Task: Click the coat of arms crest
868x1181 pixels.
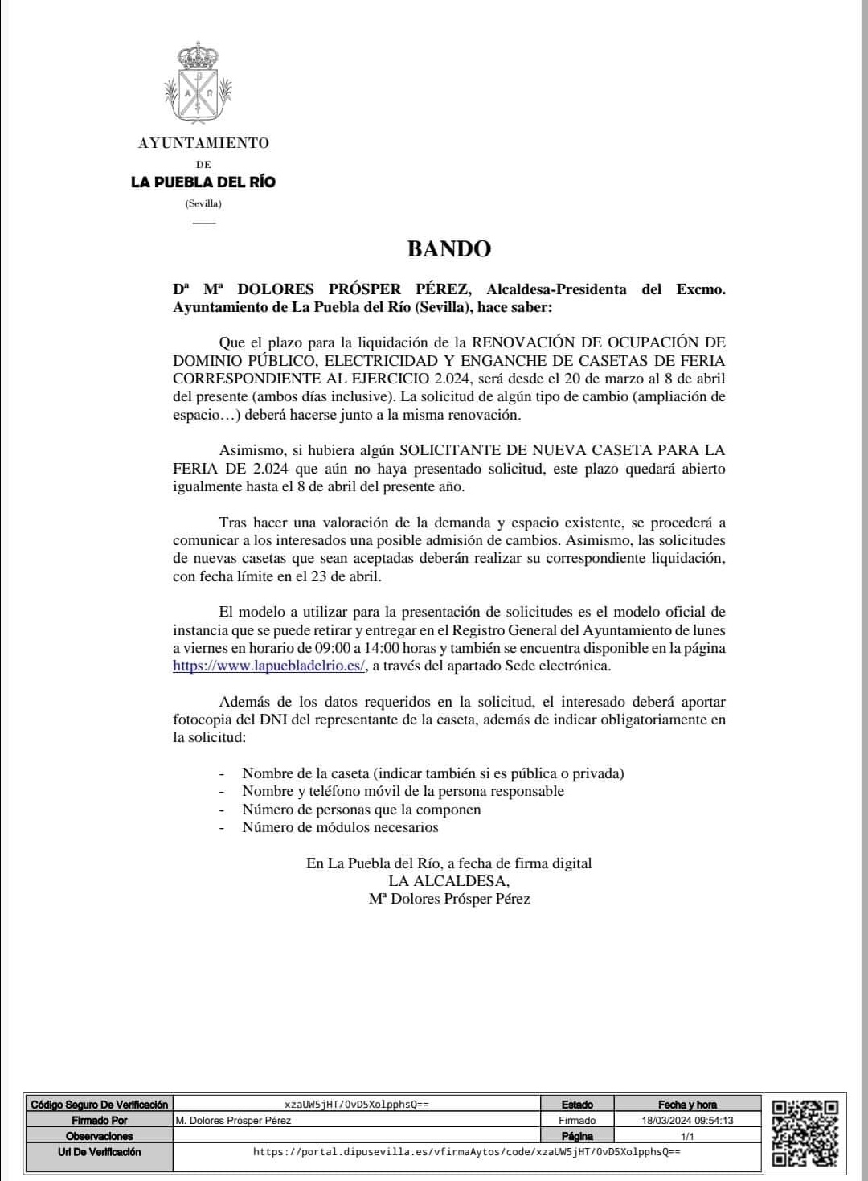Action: [198, 85]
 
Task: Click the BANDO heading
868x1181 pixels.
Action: [448, 248]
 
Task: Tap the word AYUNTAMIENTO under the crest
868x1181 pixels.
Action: [203, 143]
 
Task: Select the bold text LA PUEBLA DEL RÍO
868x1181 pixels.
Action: [203, 182]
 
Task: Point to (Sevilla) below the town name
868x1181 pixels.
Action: [203, 203]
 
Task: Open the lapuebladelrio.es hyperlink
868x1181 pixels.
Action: [269, 666]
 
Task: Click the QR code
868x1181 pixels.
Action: [804, 1133]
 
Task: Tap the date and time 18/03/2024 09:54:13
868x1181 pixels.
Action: [687, 1120]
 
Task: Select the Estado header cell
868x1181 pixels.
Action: [577, 1105]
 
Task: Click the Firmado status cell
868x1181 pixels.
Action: [577, 1120]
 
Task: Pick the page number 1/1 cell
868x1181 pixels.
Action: [687, 1136]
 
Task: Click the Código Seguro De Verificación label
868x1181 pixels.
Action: [100, 1105]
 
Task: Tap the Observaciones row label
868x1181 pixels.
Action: [100, 1136]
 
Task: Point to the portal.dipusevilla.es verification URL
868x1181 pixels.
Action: [466, 1152]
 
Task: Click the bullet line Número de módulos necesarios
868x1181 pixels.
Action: [340, 827]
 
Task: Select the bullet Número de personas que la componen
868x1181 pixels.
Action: [362, 810]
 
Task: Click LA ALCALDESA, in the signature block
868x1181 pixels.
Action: [448, 881]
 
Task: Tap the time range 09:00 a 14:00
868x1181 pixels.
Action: [353, 648]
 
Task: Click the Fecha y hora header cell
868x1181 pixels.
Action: [687, 1105]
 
